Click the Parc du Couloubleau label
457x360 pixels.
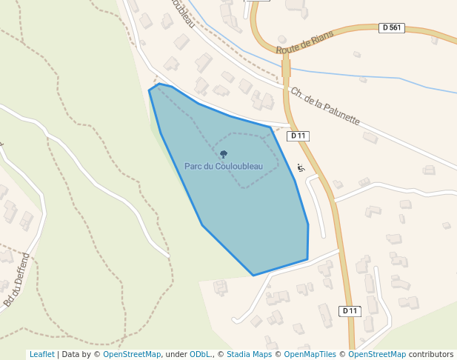224,166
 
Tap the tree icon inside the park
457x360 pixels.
224,154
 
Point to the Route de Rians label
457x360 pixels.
304,42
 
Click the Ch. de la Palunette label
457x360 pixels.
324,107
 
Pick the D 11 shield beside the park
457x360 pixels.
298,136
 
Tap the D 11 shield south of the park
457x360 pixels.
350,311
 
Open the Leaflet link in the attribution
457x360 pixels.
41,355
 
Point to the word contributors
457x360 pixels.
431,355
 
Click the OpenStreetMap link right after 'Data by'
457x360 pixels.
132,355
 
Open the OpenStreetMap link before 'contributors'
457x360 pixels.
377,355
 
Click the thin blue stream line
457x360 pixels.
370,77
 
